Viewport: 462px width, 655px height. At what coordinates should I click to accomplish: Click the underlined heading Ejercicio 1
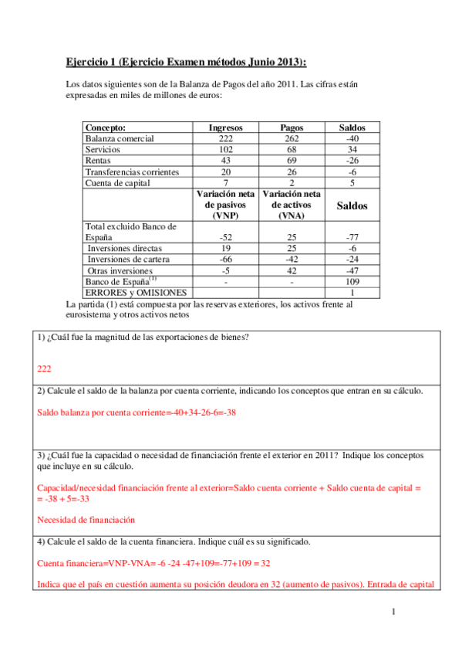185,62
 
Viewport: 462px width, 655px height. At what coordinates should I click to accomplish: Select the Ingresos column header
226,127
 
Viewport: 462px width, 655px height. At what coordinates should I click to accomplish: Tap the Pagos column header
292,127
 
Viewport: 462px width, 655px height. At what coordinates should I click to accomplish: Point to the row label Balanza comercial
120,138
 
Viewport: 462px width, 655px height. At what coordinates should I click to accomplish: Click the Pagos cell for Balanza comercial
292,138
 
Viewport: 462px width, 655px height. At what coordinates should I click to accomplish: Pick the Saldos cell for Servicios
352,149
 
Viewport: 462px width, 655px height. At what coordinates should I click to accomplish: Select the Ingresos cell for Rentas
226,160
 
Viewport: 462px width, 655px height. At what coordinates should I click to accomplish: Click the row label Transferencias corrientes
132,171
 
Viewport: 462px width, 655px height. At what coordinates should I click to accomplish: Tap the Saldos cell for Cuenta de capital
352,182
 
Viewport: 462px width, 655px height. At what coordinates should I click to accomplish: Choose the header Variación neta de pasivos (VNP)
226,205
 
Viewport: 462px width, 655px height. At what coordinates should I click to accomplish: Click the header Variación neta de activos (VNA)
292,205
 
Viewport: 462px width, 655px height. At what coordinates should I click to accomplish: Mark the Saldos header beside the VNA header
352,206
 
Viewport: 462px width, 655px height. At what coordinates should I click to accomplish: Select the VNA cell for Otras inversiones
292,271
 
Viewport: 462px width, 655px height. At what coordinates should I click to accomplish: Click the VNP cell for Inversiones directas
226,249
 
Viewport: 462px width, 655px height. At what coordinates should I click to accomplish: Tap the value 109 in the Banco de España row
352,282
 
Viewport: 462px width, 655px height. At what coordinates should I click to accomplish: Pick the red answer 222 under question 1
44,369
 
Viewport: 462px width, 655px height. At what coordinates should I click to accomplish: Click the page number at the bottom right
393,613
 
